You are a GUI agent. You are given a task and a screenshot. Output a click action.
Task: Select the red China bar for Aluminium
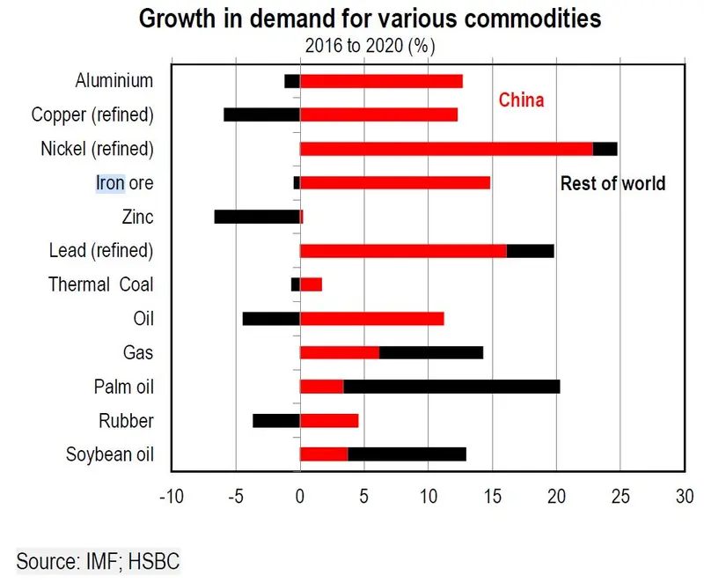381,81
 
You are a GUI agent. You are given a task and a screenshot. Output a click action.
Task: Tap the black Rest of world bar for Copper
262,114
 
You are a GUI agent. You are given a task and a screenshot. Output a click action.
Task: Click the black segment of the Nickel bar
605,148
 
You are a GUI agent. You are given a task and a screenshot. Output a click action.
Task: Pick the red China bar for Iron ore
395,182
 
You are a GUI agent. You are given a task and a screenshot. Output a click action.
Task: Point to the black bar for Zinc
257,217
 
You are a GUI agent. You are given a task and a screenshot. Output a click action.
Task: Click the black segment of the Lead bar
530,250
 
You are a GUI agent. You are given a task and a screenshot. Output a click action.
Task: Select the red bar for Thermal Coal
312,284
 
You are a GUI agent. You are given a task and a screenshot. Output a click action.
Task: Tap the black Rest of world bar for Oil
271,319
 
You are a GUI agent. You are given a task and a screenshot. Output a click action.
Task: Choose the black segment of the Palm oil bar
451,387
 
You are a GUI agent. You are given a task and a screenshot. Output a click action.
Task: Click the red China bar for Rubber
329,420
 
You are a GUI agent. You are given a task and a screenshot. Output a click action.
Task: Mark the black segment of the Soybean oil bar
407,454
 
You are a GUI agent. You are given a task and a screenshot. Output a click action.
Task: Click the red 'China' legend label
521,100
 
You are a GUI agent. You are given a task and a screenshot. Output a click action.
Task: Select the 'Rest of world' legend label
612,184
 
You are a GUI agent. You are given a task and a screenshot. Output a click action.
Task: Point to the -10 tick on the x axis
171,497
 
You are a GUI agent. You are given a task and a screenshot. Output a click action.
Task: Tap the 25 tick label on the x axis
620,497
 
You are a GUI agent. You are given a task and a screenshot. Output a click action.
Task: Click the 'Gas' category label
139,352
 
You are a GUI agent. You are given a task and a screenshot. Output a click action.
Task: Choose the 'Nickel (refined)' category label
97,148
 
